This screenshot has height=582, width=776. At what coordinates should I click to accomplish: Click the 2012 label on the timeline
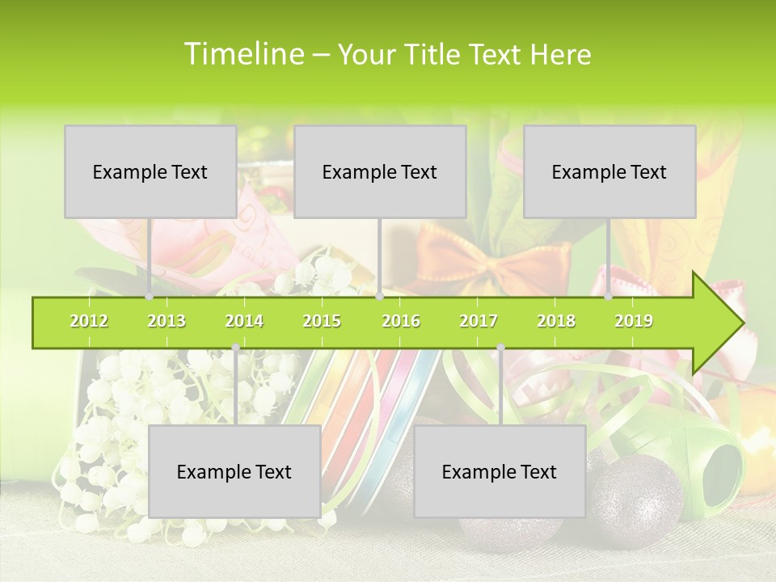click(89, 321)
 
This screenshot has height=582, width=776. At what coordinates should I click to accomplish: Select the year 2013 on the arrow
click(167, 321)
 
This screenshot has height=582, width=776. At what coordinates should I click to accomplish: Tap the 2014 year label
click(244, 321)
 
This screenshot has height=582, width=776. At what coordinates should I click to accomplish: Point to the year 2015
click(322, 321)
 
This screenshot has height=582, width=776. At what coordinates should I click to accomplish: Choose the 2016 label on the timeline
click(401, 321)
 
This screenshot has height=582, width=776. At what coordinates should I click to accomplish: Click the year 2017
click(479, 321)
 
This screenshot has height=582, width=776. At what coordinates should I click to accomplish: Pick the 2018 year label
click(556, 321)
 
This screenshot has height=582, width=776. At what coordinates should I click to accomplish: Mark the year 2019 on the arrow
click(634, 321)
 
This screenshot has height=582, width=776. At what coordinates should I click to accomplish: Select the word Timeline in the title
click(242, 54)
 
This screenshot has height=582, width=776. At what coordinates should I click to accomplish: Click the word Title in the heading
click(433, 54)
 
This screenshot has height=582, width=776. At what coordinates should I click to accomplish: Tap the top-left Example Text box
click(150, 171)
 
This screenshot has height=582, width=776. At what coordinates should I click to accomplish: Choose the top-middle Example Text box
click(380, 171)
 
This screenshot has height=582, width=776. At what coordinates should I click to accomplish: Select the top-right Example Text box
click(609, 171)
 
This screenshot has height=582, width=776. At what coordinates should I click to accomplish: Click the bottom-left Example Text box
click(234, 471)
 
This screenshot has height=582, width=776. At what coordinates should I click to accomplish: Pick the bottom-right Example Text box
click(500, 471)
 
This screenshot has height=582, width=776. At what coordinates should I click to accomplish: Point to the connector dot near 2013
click(150, 297)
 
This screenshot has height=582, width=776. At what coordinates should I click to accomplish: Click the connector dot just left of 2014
click(235, 348)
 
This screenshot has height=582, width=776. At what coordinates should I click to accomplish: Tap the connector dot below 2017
click(500, 348)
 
